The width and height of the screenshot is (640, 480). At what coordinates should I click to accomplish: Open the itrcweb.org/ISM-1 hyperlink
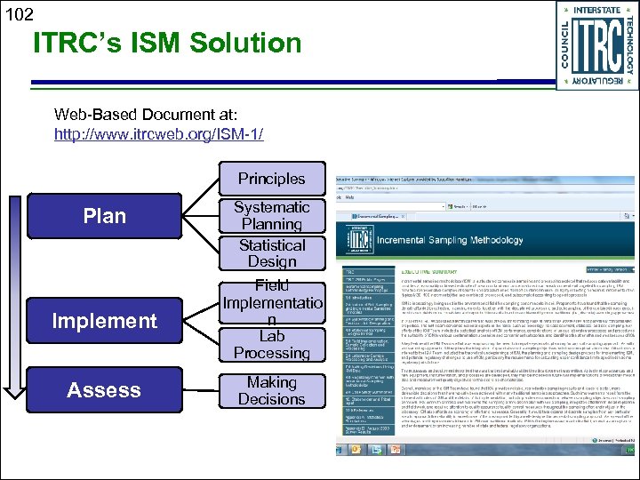point(158,134)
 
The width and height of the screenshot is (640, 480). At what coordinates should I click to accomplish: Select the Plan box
point(104,216)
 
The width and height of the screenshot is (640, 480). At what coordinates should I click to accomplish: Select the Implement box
point(104,321)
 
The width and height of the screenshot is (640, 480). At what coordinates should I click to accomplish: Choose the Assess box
point(104,390)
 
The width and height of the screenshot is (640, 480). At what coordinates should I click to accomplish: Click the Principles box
point(271,178)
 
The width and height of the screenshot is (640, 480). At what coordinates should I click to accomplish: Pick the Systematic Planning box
point(271,216)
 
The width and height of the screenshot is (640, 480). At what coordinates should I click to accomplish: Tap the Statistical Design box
point(271,253)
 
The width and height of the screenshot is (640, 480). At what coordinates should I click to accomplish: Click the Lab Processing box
point(271,345)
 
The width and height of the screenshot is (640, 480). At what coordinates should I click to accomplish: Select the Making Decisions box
point(271,391)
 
